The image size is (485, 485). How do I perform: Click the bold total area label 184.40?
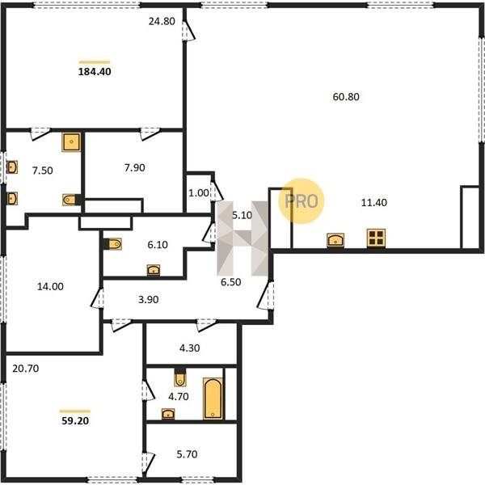95,72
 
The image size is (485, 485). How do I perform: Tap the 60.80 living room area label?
346,97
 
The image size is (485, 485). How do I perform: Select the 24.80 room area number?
162,21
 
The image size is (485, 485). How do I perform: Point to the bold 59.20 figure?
75,421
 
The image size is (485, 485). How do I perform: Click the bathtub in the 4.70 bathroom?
213,399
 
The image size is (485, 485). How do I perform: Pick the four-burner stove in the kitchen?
376,238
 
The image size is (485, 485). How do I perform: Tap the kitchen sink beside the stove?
335,240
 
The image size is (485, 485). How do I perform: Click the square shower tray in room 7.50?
71,142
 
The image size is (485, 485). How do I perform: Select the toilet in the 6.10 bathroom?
112,244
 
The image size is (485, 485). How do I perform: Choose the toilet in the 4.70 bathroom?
180,377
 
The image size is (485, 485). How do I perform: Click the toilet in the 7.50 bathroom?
72,200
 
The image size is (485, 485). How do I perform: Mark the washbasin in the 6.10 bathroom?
154,270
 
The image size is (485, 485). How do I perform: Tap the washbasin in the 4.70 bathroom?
168,414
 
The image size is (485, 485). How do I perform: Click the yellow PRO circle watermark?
301,201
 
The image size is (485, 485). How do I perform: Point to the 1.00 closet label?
199,193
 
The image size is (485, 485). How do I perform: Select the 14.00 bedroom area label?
50,286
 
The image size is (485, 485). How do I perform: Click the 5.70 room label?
187,454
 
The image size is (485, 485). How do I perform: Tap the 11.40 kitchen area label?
374,203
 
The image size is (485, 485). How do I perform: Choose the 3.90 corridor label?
149,299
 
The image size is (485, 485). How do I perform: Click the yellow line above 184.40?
95,62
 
